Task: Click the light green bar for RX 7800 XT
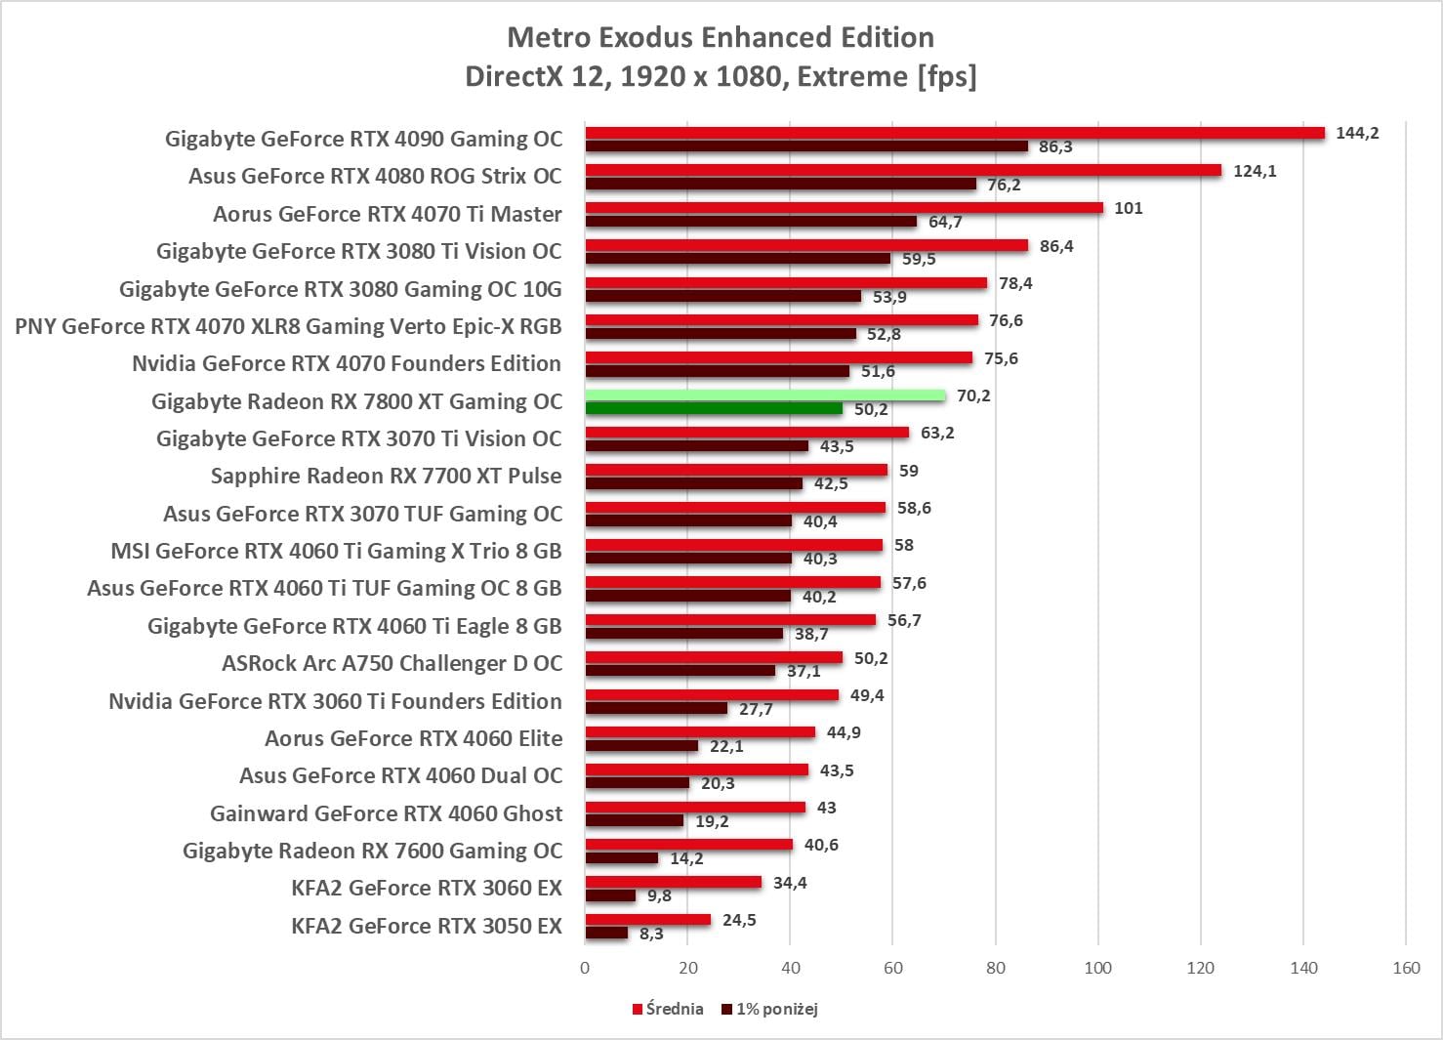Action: [765, 395]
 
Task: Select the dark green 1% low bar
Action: [714, 409]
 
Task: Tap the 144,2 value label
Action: [1357, 133]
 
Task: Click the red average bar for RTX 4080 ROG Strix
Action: [903, 171]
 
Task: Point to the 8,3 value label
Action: [651, 934]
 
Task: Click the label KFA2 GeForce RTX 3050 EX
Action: [427, 926]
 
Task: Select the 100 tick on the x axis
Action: [1098, 968]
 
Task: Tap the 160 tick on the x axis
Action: [1406, 968]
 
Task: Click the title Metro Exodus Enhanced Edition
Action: [721, 37]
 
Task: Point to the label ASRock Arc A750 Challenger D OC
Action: [392, 664]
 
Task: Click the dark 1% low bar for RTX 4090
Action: [806, 146]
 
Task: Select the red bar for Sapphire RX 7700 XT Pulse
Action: [736, 471]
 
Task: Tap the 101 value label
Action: [1128, 208]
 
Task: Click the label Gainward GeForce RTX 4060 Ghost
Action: [386, 813]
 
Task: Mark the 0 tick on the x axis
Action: [585, 968]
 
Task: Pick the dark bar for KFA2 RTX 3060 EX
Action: [610, 895]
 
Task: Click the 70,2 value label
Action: [973, 395]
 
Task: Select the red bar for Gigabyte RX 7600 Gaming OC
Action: [689, 845]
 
